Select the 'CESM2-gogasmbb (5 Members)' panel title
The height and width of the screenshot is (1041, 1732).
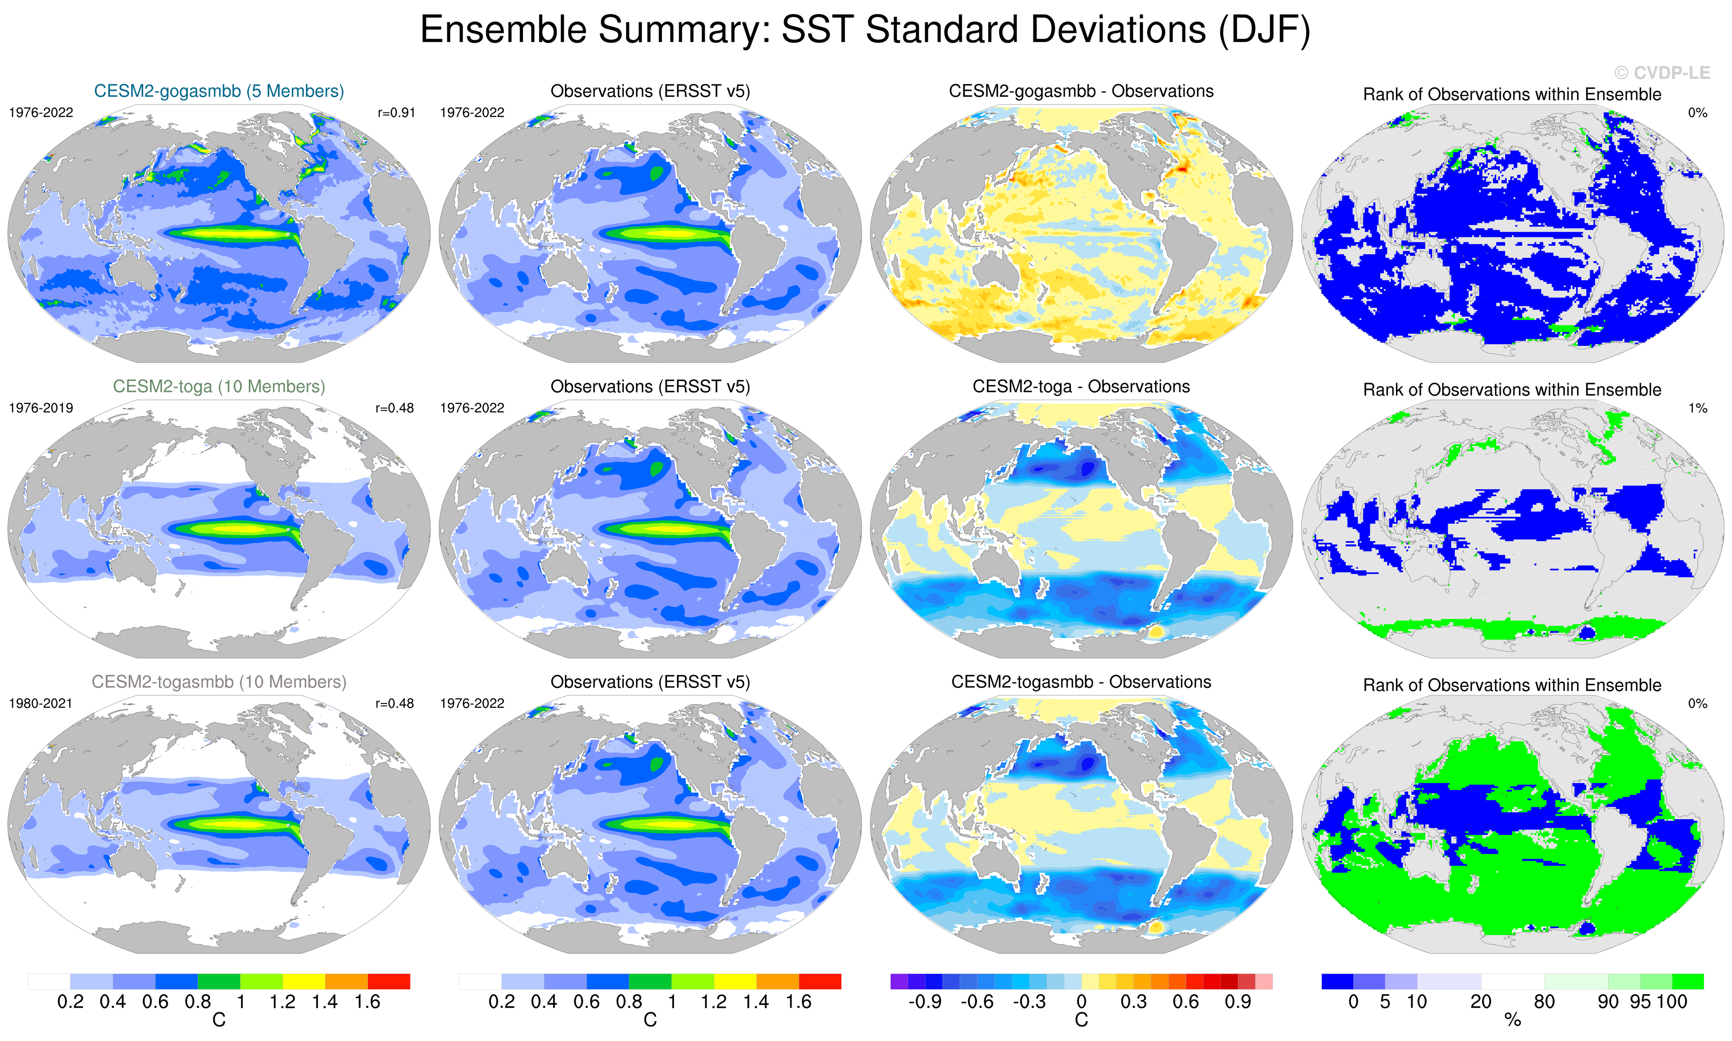(x=219, y=91)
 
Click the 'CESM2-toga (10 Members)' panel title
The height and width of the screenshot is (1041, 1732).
(x=219, y=387)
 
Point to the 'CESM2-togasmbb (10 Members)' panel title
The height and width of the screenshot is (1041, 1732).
(x=219, y=682)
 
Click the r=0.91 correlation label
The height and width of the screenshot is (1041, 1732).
(x=396, y=112)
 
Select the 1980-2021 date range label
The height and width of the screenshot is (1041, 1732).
(x=41, y=703)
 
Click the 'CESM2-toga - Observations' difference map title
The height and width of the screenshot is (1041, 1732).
(x=1081, y=387)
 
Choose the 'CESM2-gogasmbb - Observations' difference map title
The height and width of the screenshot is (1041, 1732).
(x=1081, y=91)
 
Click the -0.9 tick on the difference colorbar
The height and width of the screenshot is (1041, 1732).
(x=925, y=1002)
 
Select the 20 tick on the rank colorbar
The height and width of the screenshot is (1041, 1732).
(x=1481, y=1002)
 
